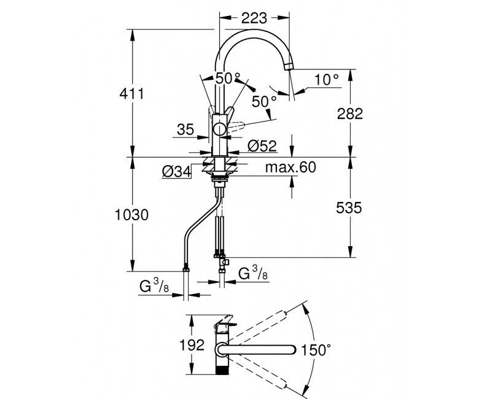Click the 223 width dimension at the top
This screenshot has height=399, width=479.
(254, 18)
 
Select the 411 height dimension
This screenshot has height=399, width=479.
(131, 93)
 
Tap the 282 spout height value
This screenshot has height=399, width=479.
(350, 114)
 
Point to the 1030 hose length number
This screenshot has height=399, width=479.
(131, 215)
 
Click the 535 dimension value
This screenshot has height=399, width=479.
(349, 208)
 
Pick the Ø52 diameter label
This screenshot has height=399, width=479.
(262, 146)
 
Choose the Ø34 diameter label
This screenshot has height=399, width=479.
(177, 172)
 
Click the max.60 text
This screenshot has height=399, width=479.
(290, 168)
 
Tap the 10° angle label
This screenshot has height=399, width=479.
(327, 80)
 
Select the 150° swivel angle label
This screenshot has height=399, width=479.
(316, 350)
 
